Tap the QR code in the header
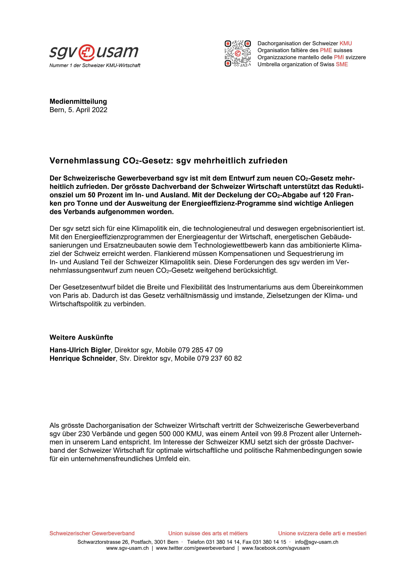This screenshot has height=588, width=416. (x=238, y=53)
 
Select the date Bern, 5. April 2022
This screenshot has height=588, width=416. (x=78, y=110)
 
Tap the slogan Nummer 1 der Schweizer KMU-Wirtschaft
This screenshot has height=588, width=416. (x=95, y=66)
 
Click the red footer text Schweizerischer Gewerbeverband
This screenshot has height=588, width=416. (x=92, y=533)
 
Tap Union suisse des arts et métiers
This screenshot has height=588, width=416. (x=208, y=533)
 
